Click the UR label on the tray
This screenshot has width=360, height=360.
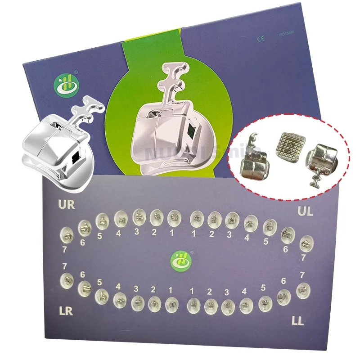point(66,205)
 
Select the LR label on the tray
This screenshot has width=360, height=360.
point(65,311)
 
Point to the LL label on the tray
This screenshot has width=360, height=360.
point(297,321)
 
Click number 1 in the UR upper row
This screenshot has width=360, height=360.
point(171,233)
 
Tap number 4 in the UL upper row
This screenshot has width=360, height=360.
point(247,238)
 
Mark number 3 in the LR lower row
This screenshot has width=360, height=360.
point(135,289)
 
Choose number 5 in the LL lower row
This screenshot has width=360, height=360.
point(263,288)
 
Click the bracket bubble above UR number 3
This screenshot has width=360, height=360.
point(138,218)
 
